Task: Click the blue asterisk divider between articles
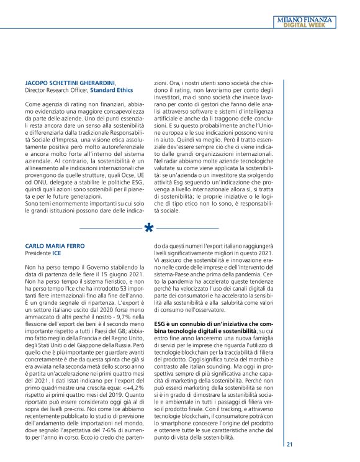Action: click(x=149, y=228)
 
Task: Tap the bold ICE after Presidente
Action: click(x=56, y=254)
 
